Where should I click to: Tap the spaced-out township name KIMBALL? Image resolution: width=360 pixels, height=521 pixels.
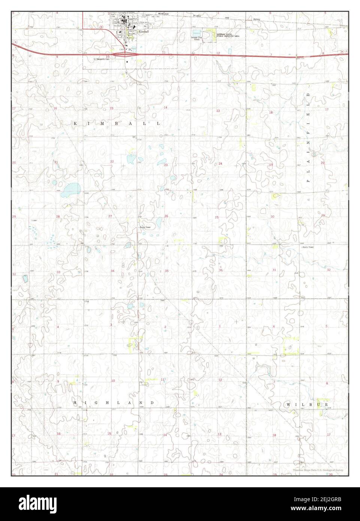[x=117, y=123]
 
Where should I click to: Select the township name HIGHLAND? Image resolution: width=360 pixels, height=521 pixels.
[x=114, y=403]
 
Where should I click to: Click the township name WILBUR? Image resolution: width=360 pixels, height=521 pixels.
[x=307, y=405]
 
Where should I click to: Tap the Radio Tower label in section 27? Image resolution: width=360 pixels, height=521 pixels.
[x=145, y=227]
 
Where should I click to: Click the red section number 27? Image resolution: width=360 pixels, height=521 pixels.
[x=110, y=216]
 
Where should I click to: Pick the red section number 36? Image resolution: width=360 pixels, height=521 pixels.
[x=221, y=270]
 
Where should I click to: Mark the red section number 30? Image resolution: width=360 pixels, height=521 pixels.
[x=273, y=217]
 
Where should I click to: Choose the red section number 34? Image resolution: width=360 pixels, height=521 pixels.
[x=112, y=271]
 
